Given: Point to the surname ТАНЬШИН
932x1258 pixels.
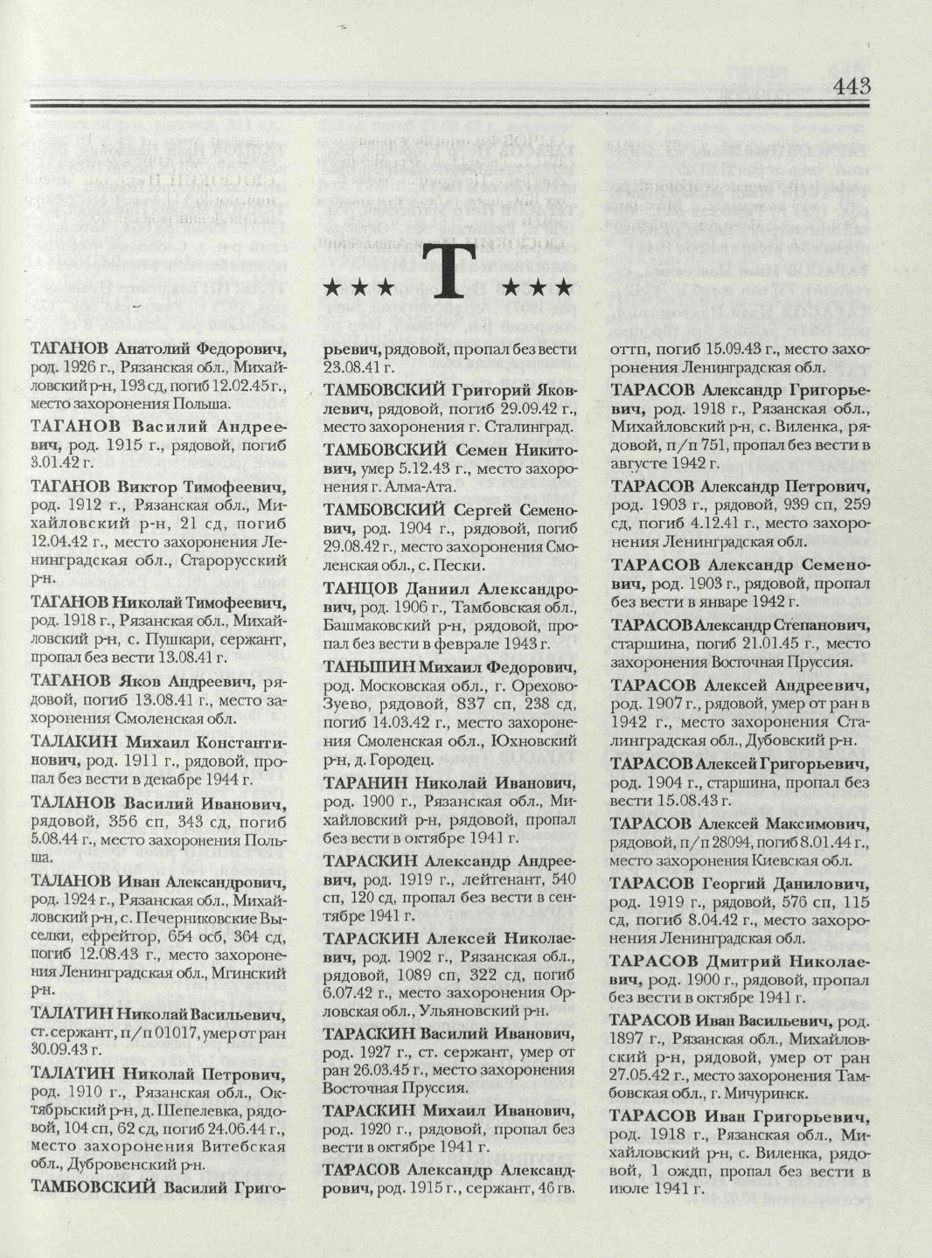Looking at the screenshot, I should pos(364,666).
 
